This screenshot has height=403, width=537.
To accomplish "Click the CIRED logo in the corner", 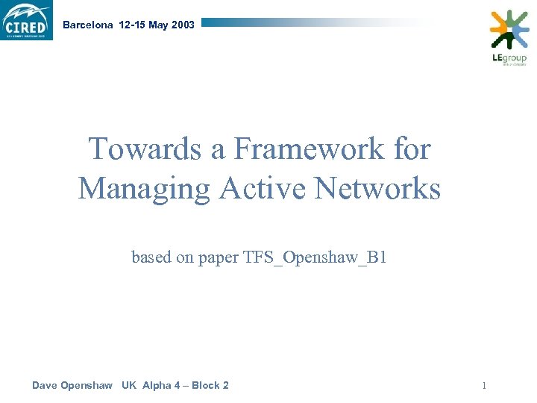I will click(x=27, y=20).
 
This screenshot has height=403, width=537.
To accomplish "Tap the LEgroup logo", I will click(x=509, y=37).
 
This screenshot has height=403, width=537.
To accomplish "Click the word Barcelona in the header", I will click(x=88, y=25).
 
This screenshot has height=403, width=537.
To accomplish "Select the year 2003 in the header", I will click(x=183, y=25).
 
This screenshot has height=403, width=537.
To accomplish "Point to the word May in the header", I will click(x=158, y=25).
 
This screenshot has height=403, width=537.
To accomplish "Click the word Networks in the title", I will click(x=377, y=188).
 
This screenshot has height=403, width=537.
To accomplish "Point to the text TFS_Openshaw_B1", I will click(x=315, y=258).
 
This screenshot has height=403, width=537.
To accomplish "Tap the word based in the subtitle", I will click(x=149, y=258).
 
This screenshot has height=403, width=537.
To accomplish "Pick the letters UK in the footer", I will click(x=129, y=385).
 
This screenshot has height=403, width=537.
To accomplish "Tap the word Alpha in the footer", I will click(x=155, y=385).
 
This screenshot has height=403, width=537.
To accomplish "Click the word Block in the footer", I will click(x=205, y=385).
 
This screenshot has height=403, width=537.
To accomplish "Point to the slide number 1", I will click(x=484, y=386).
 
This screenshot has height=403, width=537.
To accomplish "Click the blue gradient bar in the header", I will click(x=313, y=23).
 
